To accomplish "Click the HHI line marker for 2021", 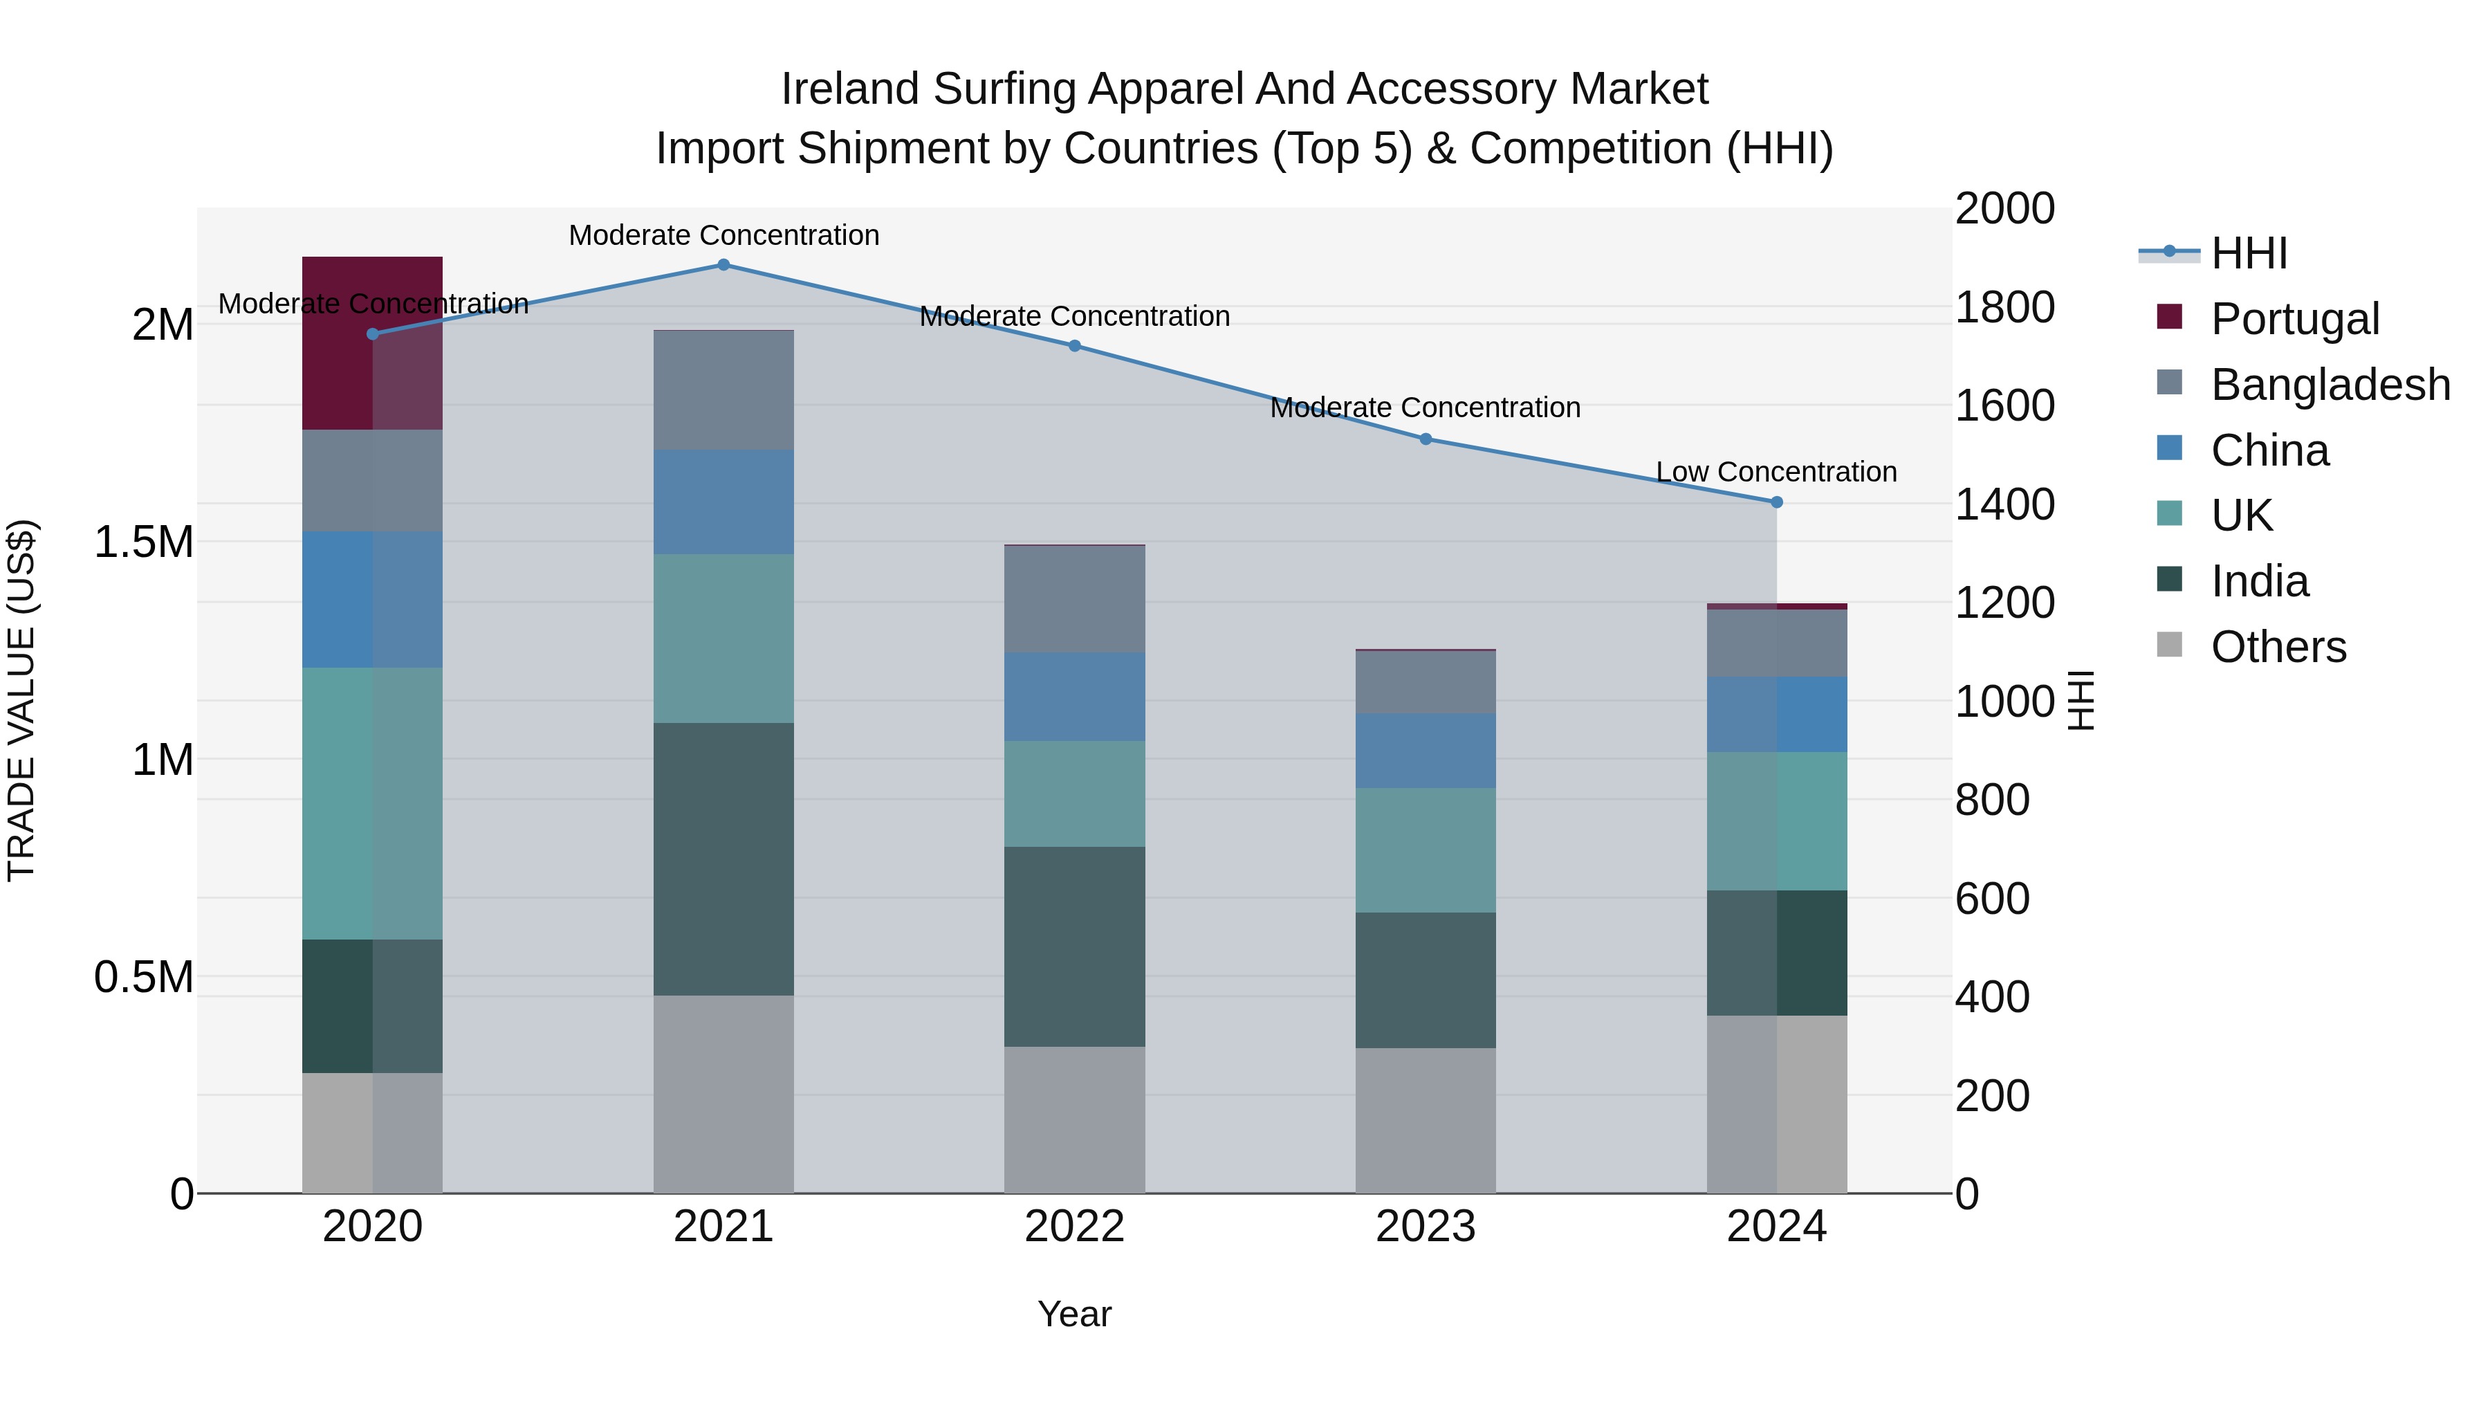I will (723, 265).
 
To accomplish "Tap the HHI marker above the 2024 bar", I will (1777, 502).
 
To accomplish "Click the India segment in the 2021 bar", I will (723, 859).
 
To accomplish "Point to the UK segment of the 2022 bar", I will (1074, 794).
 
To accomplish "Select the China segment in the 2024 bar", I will (1777, 715).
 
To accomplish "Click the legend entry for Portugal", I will (2295, 319).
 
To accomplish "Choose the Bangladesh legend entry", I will (2330, 385).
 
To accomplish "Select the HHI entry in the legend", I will (2249, 253).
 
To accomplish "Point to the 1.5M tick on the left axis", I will (143, 542).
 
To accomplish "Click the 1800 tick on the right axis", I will (2004, 307).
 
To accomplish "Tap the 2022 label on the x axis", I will (1074, 1227).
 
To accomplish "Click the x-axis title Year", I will (1074, 1314).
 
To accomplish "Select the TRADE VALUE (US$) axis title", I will (21, 700).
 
